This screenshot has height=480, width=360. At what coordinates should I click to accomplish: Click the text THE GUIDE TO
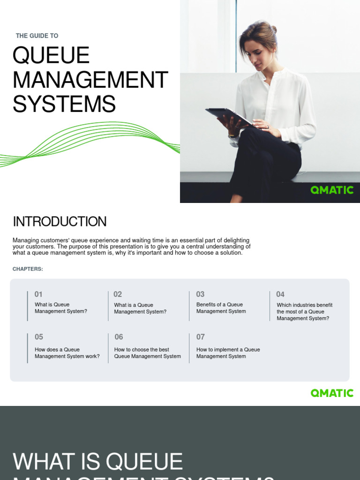click(x=37, y=36)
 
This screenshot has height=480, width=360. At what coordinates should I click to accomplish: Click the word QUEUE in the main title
click(x=51, y=56)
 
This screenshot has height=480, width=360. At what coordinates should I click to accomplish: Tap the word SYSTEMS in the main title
click(x=64, y=104)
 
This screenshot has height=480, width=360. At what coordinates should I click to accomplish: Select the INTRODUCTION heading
click(x=60, y=222)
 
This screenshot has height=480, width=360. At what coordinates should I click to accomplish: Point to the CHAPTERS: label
click(x=28, y=269)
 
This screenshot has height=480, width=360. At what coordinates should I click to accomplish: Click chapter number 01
click(x=38, y=294)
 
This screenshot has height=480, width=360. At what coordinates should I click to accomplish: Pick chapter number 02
click(x=118, y=294)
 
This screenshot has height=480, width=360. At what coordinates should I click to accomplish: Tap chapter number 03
click(x=200, y=294)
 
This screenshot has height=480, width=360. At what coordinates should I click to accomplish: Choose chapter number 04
click(x=280, y=294)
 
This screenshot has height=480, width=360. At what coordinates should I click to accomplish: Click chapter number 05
click(x=38, y=337)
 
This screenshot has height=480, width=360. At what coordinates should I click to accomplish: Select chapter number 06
click(x=119, y=337)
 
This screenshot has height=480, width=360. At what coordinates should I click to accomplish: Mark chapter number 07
click(x=200, y=337)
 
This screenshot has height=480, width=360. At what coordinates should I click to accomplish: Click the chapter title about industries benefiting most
click(x=304, y=312)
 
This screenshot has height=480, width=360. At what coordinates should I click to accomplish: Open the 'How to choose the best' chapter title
click(x=147, y=353)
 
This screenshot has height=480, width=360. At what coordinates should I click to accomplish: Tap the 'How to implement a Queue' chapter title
click(x=228, y=353)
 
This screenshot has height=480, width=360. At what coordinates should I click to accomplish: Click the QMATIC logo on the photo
click(x=332, y=190)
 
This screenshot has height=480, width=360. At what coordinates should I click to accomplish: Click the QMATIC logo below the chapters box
click(x=332, y=393)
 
